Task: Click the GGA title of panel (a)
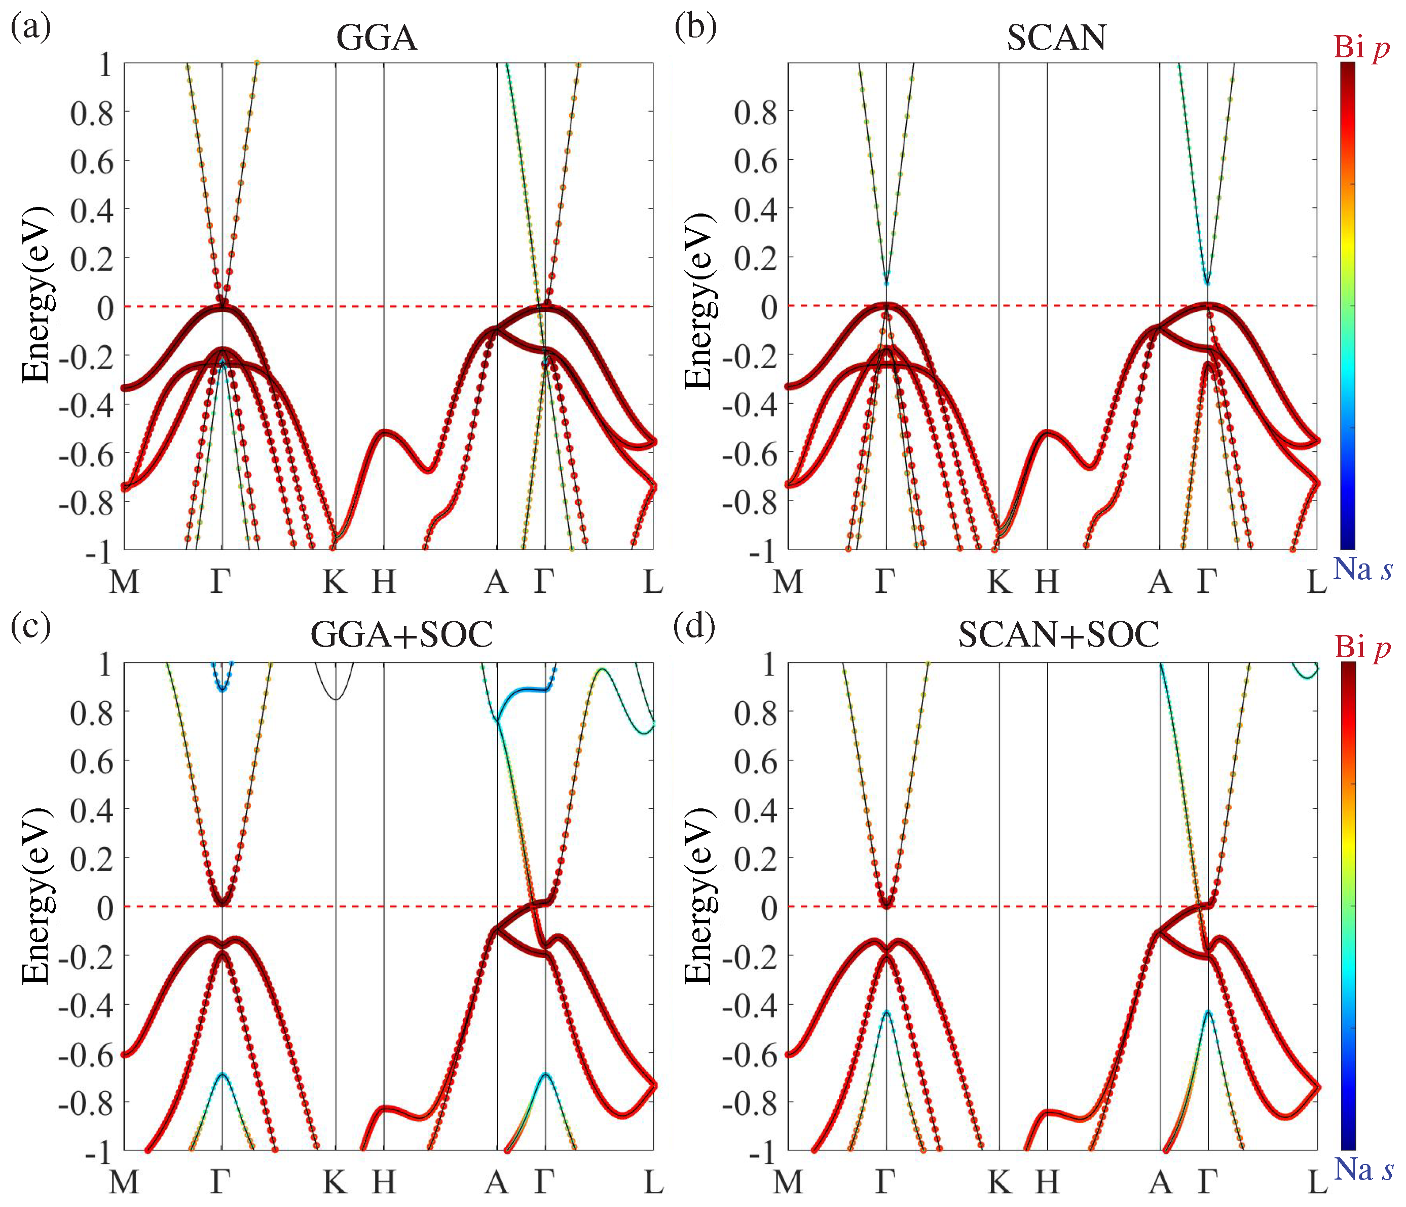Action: [377, 38]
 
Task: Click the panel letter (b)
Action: [695, 27]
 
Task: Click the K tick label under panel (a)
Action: [335, 582]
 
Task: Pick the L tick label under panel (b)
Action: [1316, 582]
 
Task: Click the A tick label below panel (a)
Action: [496, 582]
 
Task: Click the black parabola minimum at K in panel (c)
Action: [335, 699]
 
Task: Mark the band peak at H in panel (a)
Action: [384, 432]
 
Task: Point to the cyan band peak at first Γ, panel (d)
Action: [886, 1011]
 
